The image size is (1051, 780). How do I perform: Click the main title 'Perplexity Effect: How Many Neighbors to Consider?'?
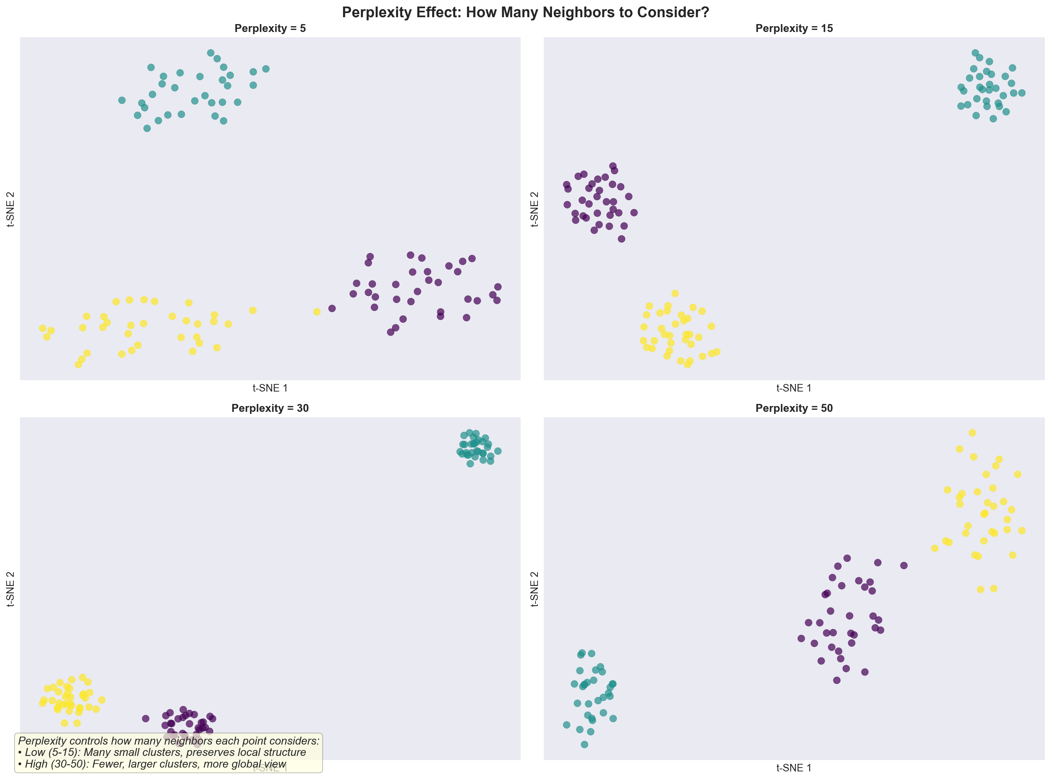pyautogui.click(x=525, y=12)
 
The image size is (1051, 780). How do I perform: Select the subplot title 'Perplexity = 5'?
pyautogui.click(x=270, y=28)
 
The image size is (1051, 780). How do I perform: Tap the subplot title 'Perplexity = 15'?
pyautogui.click(x=793, y=28)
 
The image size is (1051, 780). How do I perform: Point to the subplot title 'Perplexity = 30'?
pyautogui.click(x=270, y=408)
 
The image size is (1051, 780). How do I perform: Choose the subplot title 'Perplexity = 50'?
pyautogui.click(x=793, y=408)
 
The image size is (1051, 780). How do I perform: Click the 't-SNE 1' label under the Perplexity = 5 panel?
pyautogui.click(x=270, y=388)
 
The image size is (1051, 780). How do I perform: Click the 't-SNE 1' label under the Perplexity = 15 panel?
pyautogui.click(x=793, y=388)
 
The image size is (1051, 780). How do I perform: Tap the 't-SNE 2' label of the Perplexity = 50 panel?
pyautogui.click(x=534, y=588)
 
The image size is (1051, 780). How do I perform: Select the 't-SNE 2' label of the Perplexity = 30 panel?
pyautogui.click(x=10, y=588)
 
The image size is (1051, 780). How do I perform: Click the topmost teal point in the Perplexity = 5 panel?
pyautogui.click(x=211, y=53)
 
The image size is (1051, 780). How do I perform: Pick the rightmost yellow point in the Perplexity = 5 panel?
pyautogui.click(x=316, y=312)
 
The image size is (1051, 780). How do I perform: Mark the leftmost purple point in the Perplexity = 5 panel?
pyautogui.click(x=332, y=308)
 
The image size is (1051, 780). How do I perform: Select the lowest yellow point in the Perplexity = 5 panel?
pyautogui.click(x=79, y=364)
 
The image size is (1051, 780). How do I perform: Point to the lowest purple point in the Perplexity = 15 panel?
pyautogui.click(x=622, y=239)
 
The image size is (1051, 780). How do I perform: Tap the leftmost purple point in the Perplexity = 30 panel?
pyautogui.click(x=146, y=719)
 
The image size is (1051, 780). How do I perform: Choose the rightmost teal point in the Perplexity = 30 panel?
pyautogui.click(x=498, y=451)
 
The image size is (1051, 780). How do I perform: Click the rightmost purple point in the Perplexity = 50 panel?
pyautogui.click(x=904, y=565)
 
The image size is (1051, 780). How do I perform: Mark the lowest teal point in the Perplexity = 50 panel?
pyautogui.click(x=584, y=745)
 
